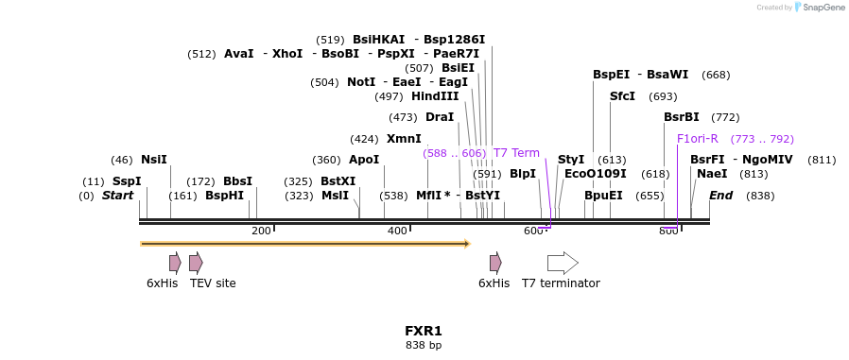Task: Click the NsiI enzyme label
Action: pyautogui.click(x=153, y=160)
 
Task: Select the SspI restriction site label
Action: pyautogui.click(x=126, y=181)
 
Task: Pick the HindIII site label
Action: pyautogui.click(x=435, y=96)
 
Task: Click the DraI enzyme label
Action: pyautogui.click(x=440, y=117)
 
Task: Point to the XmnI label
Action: pyautogui.click(x=404, y=139)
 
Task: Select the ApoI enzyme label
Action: pyautogui.click(x=364, y=160)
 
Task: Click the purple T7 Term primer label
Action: pyautogui.click(x=516, y=153)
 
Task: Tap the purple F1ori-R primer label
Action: pyautogui.click(x=698, y=139)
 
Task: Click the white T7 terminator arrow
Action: pyautogui.click(x=563, y=263)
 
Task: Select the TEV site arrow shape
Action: pyautogui.click(x=196, y=263)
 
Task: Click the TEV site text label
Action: pyautogui.click(x=213, y=283)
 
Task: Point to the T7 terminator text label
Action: pyautogui.click(x=561, y=283)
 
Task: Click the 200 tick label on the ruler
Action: pyautogui.click(x=261, y=231)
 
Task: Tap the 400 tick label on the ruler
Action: pyautogui.click(x=397, y=231)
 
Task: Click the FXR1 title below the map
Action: pyautogui.click(x=424, y=332)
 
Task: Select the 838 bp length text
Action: pyautogui.click(x=424, y=346)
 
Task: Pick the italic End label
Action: pyautogui.click(x=721, y=196)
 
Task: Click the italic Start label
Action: pyautogui.click(x=118, y=196)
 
